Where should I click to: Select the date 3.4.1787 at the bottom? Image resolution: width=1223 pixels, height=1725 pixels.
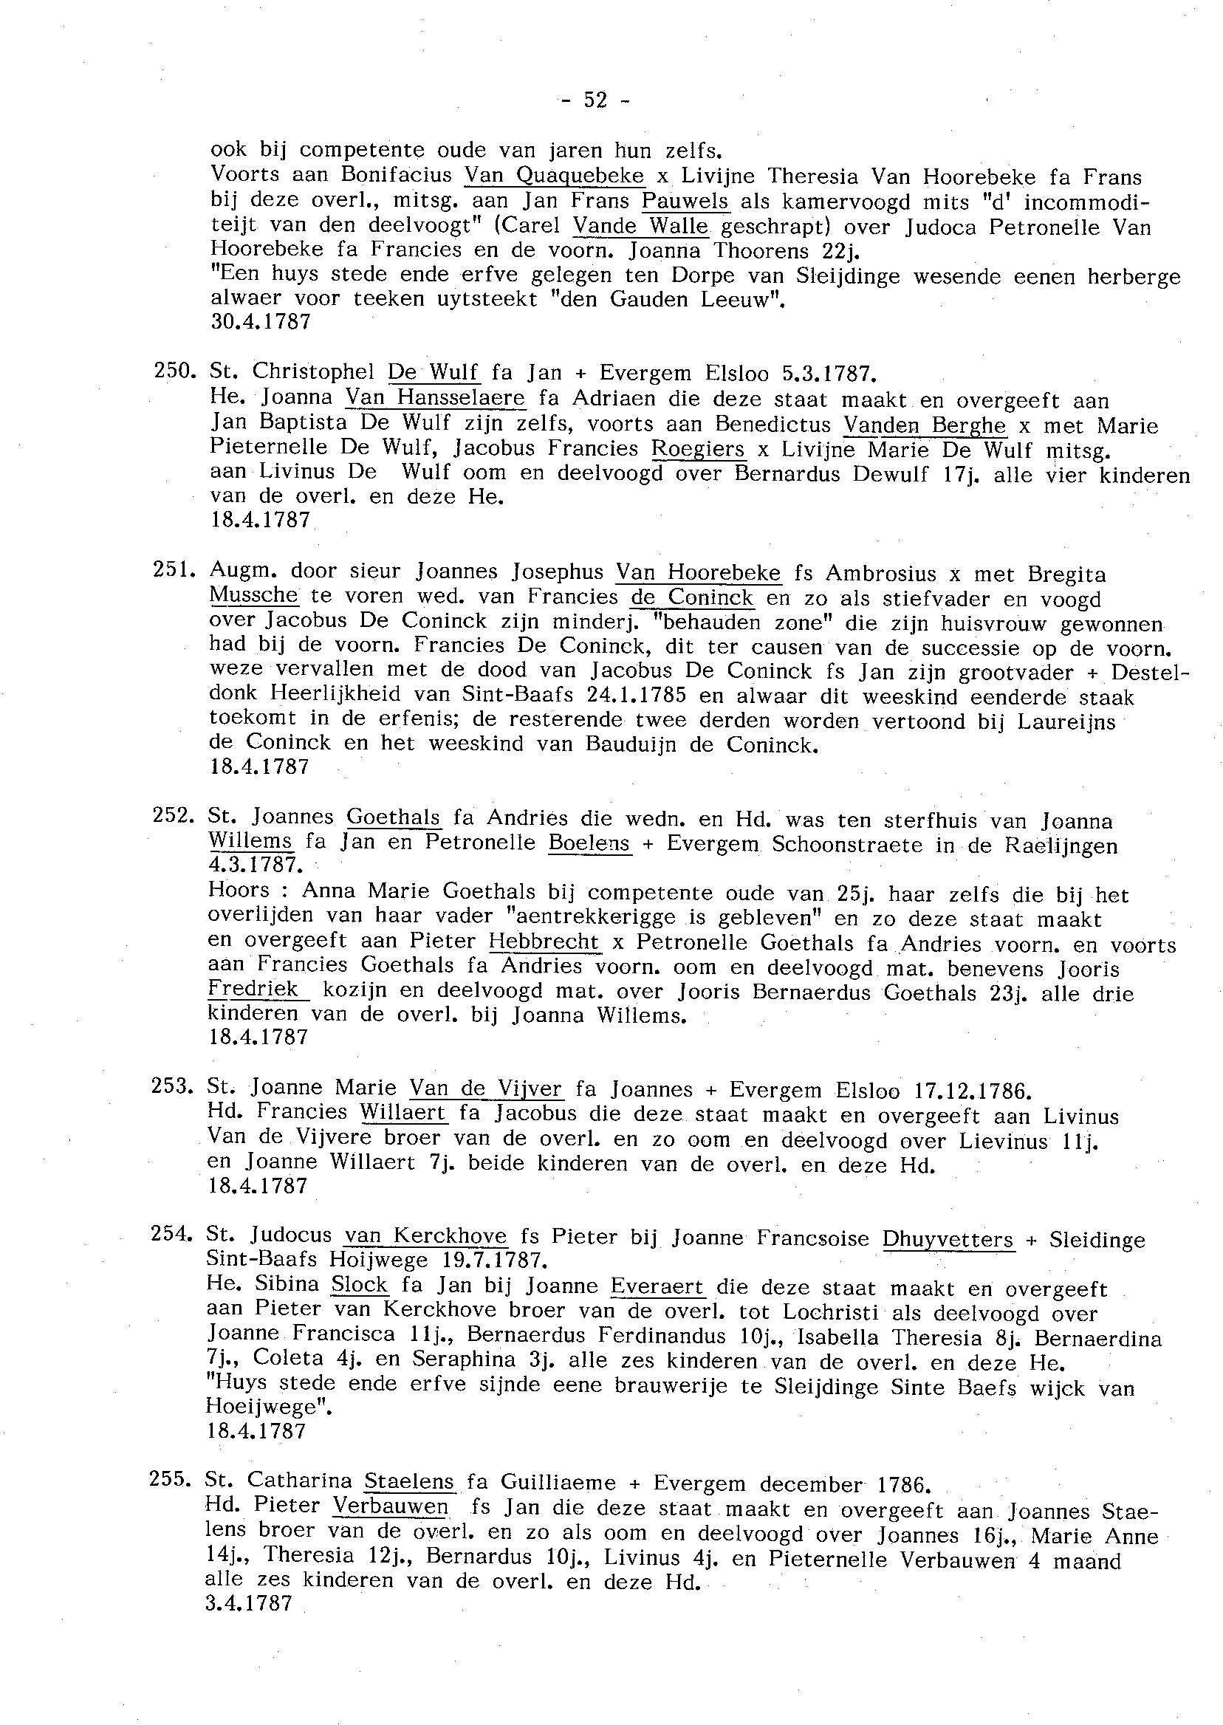(247, 1603)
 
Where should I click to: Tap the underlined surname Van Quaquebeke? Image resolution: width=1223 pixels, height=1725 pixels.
(555, 176)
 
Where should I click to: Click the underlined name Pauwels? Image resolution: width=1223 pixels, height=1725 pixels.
(685, 201)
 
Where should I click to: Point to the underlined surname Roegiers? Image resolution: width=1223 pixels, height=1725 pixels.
(698, 449)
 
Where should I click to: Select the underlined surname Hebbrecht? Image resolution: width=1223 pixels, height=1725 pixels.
(544, 942)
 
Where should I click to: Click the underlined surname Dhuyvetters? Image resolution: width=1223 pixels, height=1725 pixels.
(948, 1238)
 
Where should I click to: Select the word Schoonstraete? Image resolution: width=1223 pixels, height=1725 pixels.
(847, 844)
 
